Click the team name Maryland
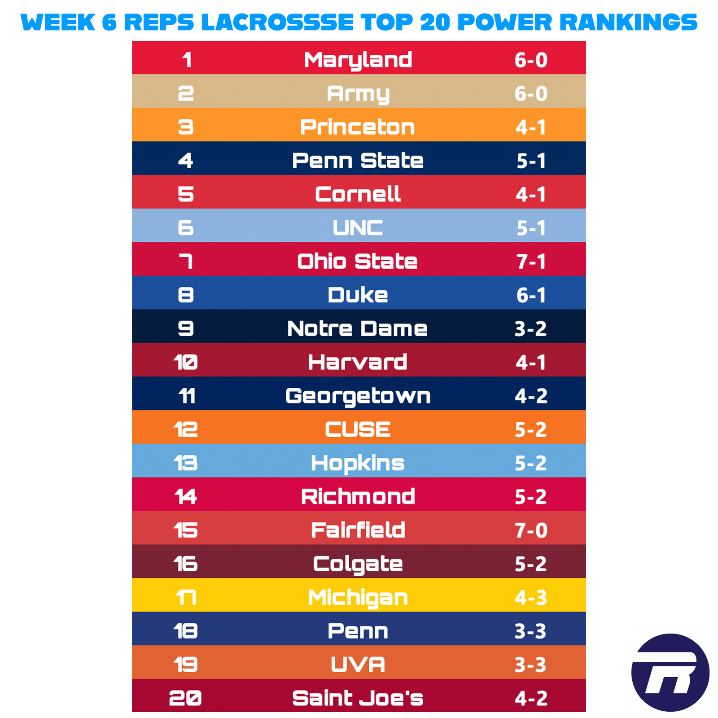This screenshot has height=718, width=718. point(358,60)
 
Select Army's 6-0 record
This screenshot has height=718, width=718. point(530,94)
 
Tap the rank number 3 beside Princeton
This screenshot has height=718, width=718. point(186,127)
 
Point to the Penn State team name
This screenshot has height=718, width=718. point(358,161)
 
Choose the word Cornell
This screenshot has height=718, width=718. point(358,194)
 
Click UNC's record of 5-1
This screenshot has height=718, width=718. point(530,228)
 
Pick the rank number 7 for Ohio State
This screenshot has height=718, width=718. point(186,262)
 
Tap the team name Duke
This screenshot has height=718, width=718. point(358,295)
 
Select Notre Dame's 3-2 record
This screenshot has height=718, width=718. point(530,329)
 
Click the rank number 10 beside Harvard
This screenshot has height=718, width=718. point(186,362)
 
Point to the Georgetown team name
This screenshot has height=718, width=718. point(358,396)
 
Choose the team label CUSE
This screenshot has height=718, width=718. point(358,429)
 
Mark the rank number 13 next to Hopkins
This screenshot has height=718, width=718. point(186,463)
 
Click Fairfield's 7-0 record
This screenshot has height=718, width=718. point(530,530)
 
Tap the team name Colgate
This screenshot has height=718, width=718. point(358,564)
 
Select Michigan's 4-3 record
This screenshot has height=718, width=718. point(530,598)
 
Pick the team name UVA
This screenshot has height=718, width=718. point(358,665)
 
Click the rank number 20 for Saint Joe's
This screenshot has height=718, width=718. point(186,698)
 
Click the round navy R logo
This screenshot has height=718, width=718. point(670,672)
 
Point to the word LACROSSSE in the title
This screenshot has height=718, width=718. point(277,22)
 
